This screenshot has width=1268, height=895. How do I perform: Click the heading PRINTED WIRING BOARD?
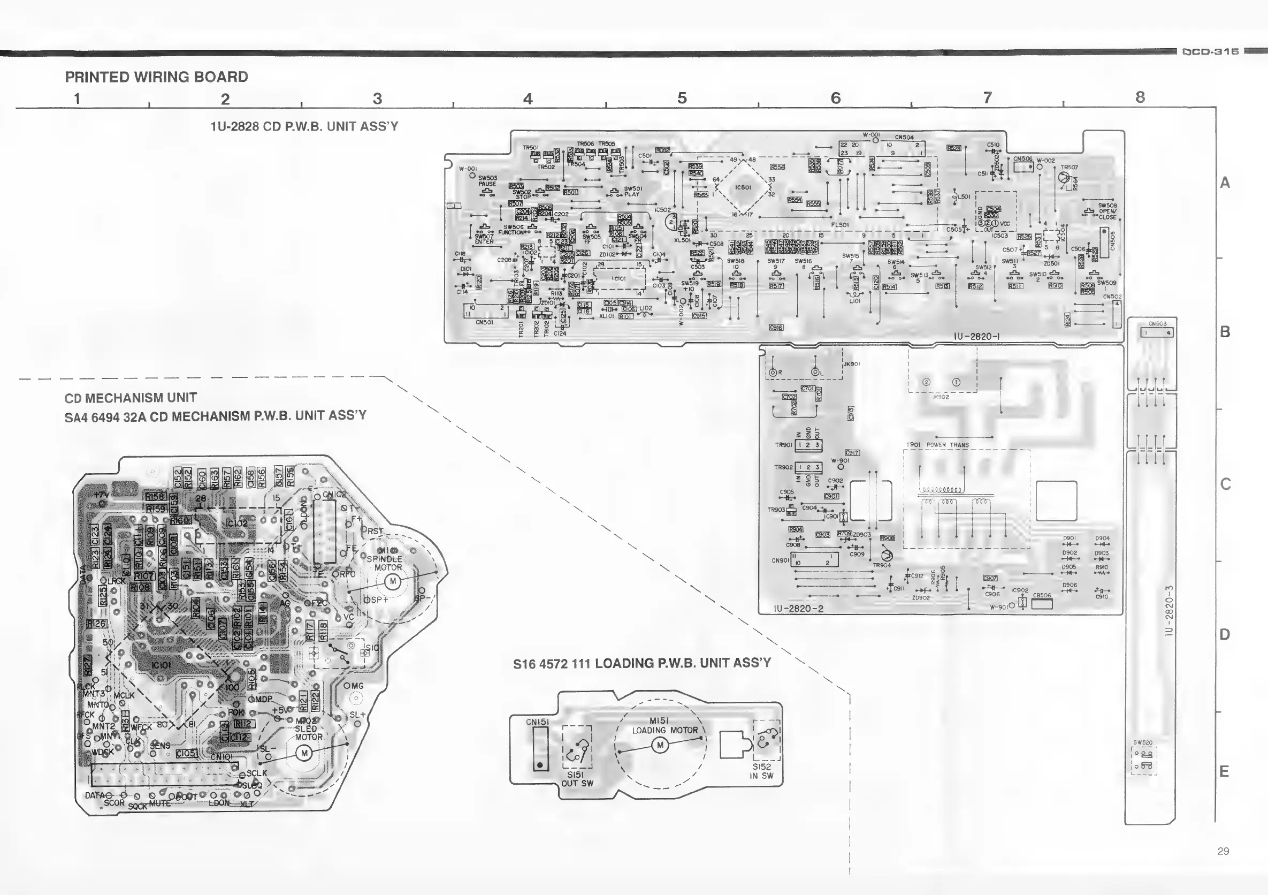[156, 77]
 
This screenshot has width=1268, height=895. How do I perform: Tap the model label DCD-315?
[1211, 52]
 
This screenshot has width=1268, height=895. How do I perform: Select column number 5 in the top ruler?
[682, 98]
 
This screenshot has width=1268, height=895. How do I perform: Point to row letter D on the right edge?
[1224, 634]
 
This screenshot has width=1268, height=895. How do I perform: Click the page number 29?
[1223, 851]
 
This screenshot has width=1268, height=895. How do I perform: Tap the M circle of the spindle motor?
[393, 582]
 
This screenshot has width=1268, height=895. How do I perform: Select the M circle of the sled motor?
[304, 753]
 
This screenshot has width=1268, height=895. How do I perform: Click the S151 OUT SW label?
[577, 779]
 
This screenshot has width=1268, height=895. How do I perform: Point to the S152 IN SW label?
[761, 771]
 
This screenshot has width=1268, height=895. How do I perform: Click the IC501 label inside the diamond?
[743, 188]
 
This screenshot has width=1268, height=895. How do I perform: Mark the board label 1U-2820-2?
[799, 608]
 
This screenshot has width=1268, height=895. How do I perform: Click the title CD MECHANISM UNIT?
[131, 398]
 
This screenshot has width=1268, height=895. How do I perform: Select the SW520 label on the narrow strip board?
[1143, 742]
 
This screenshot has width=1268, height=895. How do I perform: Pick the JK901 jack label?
[852, 364]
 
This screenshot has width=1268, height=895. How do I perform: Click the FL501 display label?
[839, 225]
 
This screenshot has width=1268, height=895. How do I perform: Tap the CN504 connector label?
[904, 138]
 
